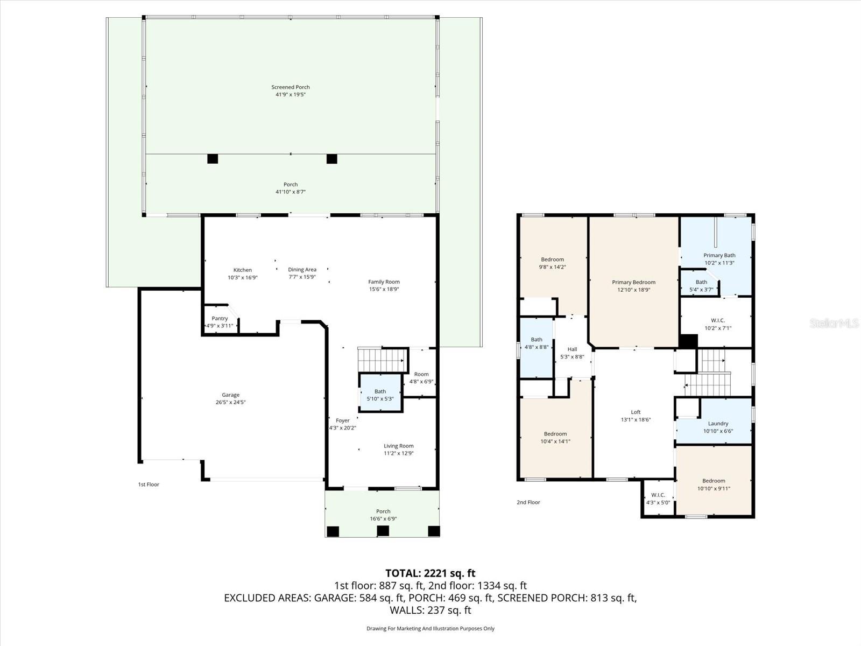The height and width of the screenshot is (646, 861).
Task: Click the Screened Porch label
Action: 291,87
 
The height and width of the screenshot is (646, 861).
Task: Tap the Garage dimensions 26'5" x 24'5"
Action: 230,402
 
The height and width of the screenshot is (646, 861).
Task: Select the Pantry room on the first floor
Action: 220,321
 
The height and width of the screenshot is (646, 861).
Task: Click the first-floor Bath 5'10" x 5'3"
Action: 380,395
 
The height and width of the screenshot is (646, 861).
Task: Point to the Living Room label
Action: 398,446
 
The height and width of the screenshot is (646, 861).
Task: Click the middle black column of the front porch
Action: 383,531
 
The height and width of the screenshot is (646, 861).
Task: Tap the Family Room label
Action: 384,282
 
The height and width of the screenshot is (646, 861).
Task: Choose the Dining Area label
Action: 302,270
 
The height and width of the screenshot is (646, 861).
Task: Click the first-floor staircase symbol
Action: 380,360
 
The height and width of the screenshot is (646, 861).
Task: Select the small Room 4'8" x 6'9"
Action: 421,377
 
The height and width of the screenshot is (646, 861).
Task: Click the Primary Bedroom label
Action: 633,282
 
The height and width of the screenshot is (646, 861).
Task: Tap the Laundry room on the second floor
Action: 718,426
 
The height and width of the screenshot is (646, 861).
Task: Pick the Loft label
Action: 636,412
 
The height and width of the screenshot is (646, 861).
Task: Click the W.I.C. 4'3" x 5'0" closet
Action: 658,498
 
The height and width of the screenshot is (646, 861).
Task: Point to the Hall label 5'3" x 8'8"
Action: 572,353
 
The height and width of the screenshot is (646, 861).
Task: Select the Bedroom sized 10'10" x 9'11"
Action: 714,484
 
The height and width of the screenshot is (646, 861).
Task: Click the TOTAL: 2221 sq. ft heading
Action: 430,573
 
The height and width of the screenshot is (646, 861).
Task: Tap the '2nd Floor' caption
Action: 528,502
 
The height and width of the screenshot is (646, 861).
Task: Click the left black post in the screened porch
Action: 213,159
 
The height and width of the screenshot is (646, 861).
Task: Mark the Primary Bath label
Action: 719,256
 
